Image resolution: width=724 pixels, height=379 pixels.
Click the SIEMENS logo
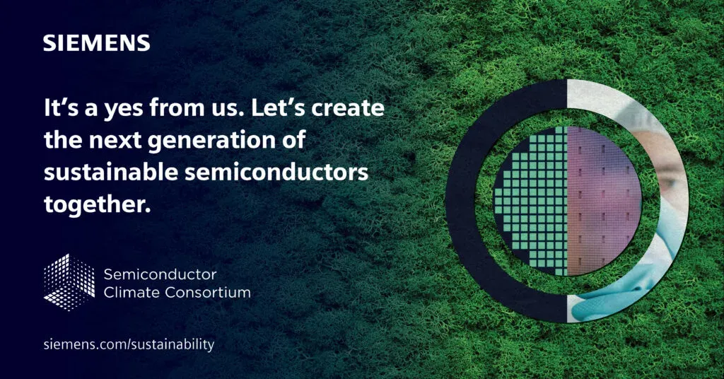click(96, 43)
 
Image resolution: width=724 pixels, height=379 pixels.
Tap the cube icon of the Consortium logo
click(69, 281)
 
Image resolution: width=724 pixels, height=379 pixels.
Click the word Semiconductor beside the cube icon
click(160, 274)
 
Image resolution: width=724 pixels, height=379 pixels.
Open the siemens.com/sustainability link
click(128, 344)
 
